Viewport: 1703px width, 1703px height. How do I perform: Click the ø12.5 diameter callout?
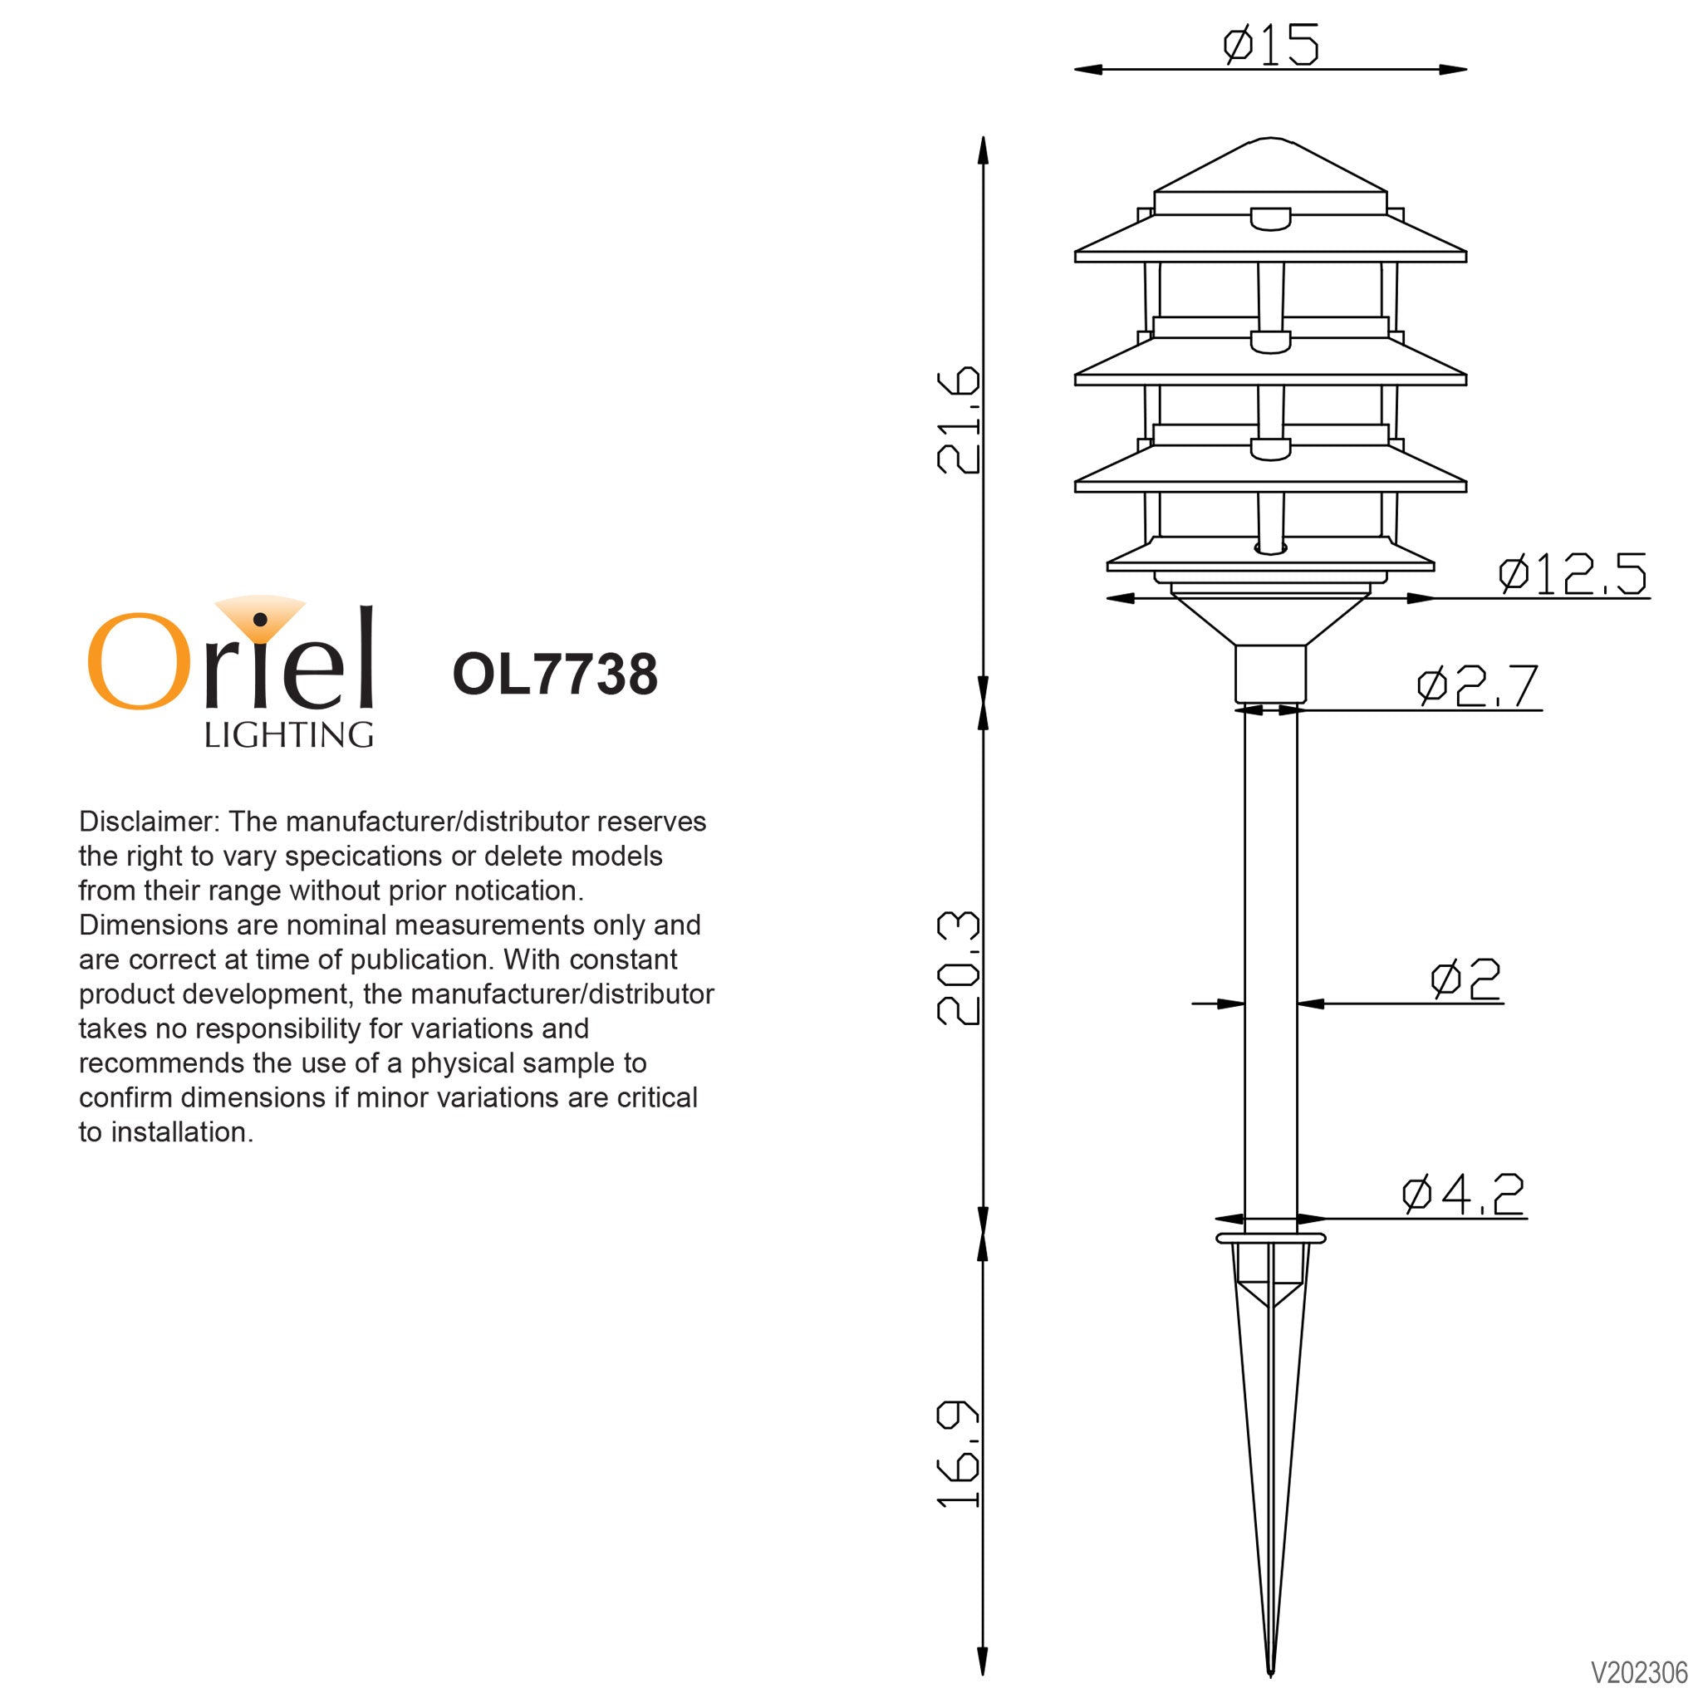[x=1572, y=574]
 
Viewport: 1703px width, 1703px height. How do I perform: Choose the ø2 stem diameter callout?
[x=1465, y=979]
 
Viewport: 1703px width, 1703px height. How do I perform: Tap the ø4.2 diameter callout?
[x=1463, y=1195]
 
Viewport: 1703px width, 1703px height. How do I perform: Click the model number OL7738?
[x=554, y=675]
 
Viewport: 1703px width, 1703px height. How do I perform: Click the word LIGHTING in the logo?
[x=288, y=735]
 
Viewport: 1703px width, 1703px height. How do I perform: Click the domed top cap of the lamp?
[x=1270, y=168]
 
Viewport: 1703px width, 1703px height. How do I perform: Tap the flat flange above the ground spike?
[x=1270, y=1239]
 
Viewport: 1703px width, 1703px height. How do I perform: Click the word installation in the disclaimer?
[x=182, y=1131]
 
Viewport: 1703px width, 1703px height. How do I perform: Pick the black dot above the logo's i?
[x=260, y=620]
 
